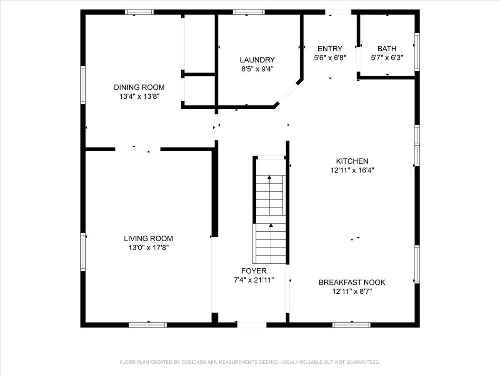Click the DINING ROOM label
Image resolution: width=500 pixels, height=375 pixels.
tap(139, 87)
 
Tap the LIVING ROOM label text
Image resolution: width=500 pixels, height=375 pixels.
tap(148, 238)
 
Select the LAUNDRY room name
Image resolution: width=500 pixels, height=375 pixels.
tap(257, 60)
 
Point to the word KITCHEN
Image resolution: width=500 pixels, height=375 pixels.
tap(352, 161)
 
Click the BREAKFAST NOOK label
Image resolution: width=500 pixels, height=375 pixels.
tap(352, 282)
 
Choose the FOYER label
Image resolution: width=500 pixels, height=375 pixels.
tap(254, 271)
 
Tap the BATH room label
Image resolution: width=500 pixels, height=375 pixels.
tap(387, 49)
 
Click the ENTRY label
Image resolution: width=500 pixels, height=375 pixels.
tap(330, 49)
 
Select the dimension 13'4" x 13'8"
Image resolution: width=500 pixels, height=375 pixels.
tap(139, 96)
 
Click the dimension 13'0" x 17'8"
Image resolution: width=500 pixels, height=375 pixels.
tap(148, 247)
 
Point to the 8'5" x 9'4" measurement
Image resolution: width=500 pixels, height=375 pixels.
tap(257, 69)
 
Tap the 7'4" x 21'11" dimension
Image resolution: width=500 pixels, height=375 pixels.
tap(254, 280)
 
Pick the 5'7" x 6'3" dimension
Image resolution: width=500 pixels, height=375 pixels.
tap(387, 58)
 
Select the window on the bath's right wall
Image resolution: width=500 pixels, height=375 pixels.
tap(417, 52)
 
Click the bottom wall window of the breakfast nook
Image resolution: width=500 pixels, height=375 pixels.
tap(352, 325)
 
